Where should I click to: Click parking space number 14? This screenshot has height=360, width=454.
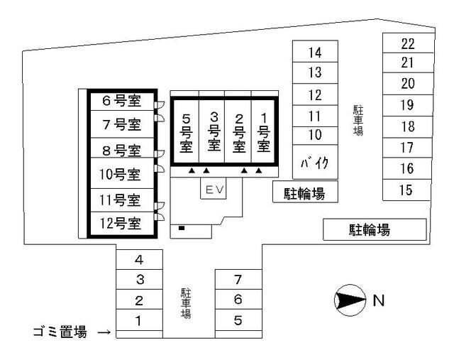tap(315, 52)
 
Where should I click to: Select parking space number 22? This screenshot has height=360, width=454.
tap(406, 43)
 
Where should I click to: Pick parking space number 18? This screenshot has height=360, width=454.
tap(406, 126)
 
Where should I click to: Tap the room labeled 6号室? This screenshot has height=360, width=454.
tap(121, 102)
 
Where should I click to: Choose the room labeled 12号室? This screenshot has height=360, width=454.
tap(121, 224)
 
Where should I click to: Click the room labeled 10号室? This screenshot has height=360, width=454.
tap(121, 174)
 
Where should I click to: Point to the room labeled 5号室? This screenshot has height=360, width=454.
tap(187, 131)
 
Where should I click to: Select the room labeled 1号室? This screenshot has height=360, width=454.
tap(263, 131)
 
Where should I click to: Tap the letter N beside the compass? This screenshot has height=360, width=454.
tap(379, 300)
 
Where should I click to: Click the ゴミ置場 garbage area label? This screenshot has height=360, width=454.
tap(60, 331)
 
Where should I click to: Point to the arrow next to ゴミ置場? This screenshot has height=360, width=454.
tap(104, 332)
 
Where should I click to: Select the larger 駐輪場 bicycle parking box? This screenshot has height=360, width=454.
tap(375, 229)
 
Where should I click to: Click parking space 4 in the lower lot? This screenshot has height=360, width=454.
tap(139, 260)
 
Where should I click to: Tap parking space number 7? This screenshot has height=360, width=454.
tap(238, 280)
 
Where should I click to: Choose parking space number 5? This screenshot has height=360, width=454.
tap(238, 320)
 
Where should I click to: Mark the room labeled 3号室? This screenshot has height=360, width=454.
tap(212, 131)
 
